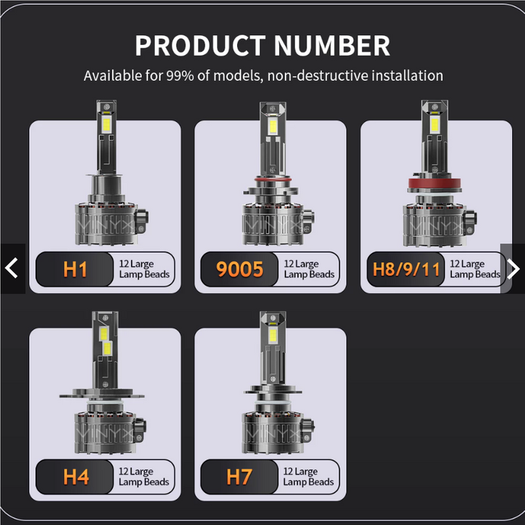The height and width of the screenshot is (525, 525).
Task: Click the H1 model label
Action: point(75,269)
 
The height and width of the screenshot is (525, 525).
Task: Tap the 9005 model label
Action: point(239,269)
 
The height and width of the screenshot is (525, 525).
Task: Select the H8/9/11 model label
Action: point(406,269)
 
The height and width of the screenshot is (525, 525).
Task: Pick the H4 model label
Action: point(76,477)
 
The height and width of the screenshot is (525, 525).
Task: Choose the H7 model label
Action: point(239,477)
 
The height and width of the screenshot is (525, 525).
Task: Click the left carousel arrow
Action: point(12,268)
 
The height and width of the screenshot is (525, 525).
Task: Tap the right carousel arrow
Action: point(513,269)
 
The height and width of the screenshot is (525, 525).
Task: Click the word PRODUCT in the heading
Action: point(200,45)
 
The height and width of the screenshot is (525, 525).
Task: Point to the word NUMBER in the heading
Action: point(332,45)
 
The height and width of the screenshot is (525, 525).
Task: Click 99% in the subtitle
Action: point(180,76)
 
